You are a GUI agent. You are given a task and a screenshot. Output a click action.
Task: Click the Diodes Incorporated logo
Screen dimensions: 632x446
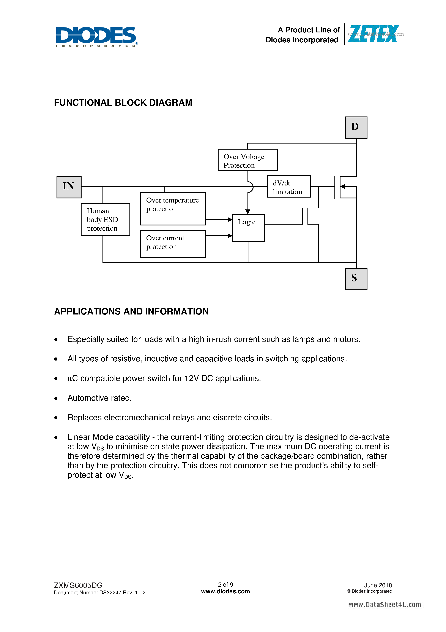point(97,37)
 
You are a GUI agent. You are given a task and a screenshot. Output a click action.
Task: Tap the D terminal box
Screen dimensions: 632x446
point(356,128)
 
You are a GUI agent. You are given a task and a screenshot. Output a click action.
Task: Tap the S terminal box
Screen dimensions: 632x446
point(356,279)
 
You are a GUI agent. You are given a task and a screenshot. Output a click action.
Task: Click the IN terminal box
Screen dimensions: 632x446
point(69,187)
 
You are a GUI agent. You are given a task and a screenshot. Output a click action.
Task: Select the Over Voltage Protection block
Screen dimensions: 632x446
point(247,160)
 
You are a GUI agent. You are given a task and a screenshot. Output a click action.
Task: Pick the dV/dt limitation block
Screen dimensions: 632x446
point(288,186)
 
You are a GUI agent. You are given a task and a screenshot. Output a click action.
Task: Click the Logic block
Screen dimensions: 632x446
point(248,227)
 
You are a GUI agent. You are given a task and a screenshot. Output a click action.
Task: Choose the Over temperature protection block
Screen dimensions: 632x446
point(173,208)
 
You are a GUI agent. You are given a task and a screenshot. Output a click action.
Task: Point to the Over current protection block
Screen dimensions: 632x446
point(173,244)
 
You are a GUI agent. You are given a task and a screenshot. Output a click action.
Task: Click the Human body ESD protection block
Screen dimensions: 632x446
point(105,219)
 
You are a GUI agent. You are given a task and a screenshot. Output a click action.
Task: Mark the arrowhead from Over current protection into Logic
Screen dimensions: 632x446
point(230,236)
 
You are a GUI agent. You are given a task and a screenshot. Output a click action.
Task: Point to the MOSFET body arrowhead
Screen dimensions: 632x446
point(342,186)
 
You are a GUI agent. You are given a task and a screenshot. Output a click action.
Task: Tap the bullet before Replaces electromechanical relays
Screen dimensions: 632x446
point(56,418)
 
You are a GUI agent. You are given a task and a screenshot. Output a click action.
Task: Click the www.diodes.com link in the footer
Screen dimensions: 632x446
point(225,592)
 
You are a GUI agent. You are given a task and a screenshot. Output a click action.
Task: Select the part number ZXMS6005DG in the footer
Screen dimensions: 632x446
point(78,585)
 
